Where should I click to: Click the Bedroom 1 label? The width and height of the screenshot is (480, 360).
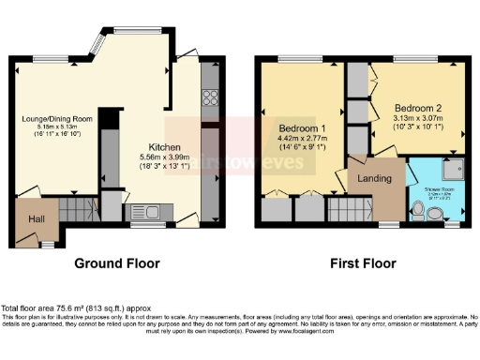tap(301, 128)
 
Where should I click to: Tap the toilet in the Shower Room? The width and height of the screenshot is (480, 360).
tap(434, 213)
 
